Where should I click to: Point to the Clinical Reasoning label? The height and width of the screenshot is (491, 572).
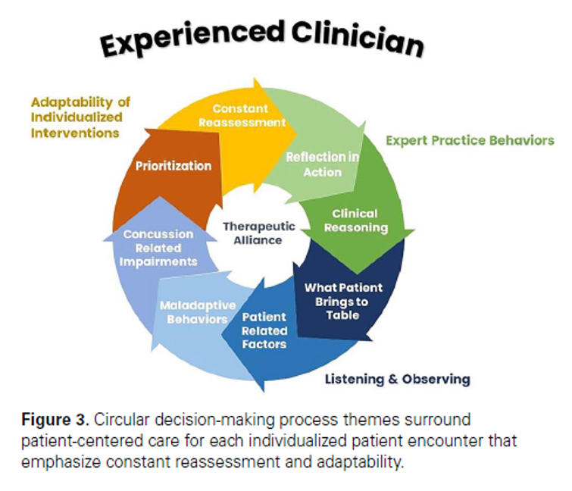pos(354,220)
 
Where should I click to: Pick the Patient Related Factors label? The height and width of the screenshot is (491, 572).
pos(264,330)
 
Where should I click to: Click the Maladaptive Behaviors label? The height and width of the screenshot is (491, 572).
pos(193,312)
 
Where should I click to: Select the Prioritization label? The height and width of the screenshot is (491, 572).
pos(173,166)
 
